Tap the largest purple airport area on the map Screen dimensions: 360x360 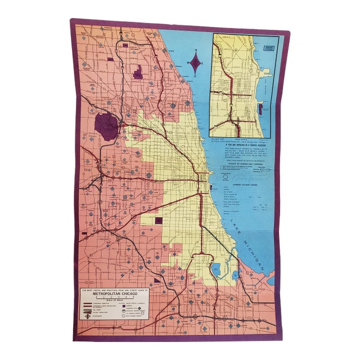[106, 127]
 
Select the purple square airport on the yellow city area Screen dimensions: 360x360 [159, 220]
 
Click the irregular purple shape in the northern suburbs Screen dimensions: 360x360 [138, 72]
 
